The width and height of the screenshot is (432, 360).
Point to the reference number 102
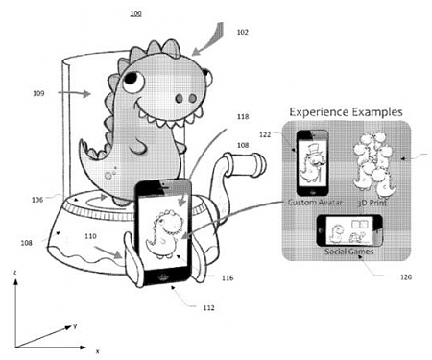[242, 32]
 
